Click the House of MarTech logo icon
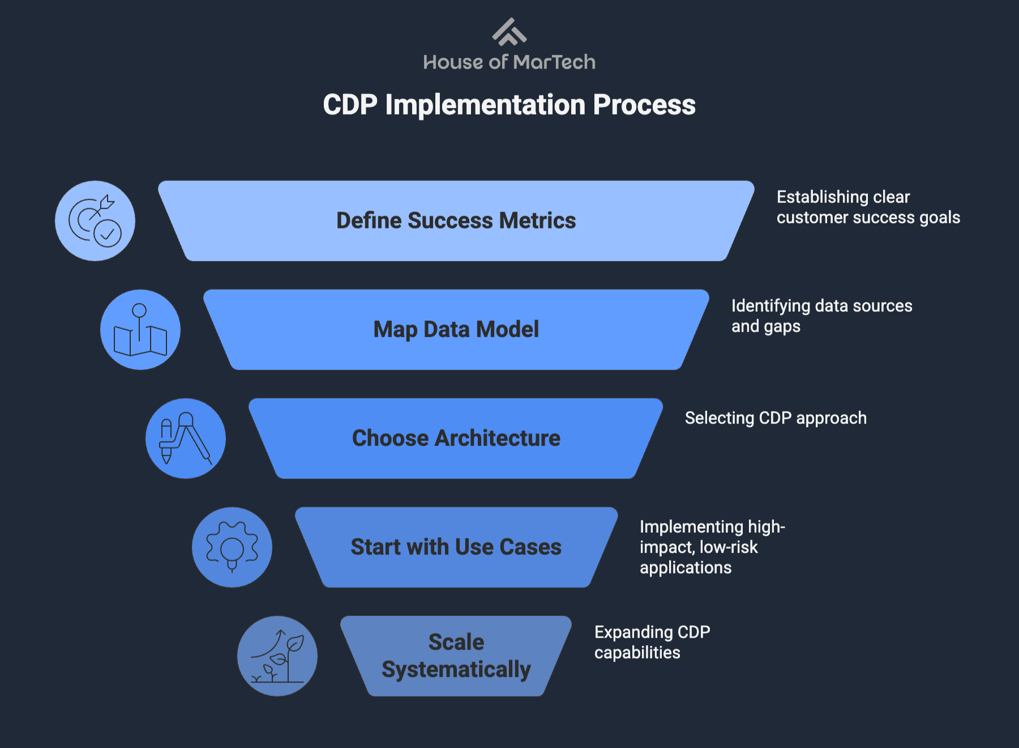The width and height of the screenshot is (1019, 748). click(x=509, y=32)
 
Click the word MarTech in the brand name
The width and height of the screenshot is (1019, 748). click(x=555, y=62)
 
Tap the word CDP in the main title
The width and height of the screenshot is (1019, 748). click(x=350, y=105)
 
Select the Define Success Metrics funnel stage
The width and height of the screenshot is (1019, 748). click(x=456, y=220)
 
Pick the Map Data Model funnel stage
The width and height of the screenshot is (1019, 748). click(x=456, y=329)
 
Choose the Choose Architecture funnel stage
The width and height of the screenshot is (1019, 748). click(x=456, y=438)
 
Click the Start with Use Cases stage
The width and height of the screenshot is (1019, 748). click(x=456, y=547)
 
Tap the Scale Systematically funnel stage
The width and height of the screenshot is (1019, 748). click(x=456, y=656)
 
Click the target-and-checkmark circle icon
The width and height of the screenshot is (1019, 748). click(x=95, y=221)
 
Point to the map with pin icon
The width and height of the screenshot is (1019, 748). click(x=140, y=330)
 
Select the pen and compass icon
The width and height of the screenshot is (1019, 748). click(x=186, y=439)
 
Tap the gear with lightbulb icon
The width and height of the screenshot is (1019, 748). click(x=232, y=547)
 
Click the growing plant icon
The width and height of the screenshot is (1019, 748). click(x=277, y=656)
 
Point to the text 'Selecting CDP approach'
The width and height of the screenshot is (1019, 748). click(x=776, y=418)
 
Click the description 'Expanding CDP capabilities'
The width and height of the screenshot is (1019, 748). click(x=652, y=642)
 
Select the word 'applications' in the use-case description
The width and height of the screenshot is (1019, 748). click(x=686, y=568)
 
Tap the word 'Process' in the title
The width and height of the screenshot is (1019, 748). click(x=644, y=105)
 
